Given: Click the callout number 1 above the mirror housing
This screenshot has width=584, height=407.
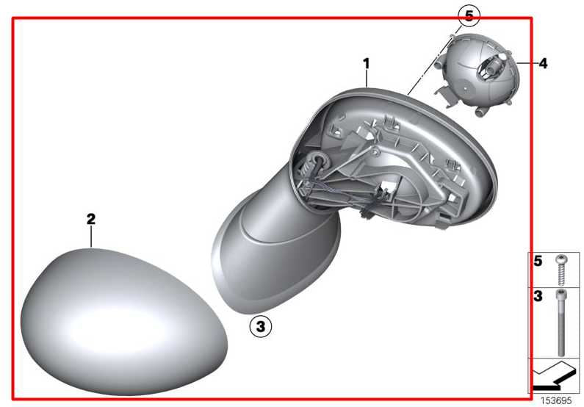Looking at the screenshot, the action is coord(367,64).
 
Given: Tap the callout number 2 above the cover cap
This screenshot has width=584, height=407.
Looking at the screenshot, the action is coord(91,219).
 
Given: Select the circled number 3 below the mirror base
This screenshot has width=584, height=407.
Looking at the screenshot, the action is coord(261,326).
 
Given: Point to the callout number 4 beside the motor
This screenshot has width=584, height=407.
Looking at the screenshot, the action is coord(544,63).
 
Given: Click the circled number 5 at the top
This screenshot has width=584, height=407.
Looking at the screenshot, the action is coord(469,16).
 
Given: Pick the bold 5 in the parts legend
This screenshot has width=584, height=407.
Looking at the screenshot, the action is coord(538,261).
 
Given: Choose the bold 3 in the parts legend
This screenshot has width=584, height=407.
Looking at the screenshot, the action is coord(538,296).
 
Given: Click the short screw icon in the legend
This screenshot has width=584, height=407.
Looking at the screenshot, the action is coord(560,270).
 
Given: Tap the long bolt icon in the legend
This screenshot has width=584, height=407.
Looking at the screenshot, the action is coord(561,322).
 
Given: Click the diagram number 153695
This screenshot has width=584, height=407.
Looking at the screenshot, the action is coord(556,400).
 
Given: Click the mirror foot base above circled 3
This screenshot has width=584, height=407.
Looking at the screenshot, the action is coord(275,253).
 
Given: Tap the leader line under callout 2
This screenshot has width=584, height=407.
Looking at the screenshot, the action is coord(91,237).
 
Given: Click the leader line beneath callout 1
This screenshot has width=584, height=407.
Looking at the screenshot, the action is coord(367,79).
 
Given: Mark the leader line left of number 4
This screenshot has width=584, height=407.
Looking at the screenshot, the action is coord(527,63).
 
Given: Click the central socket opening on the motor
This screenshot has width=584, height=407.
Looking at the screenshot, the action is coord(489,66).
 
